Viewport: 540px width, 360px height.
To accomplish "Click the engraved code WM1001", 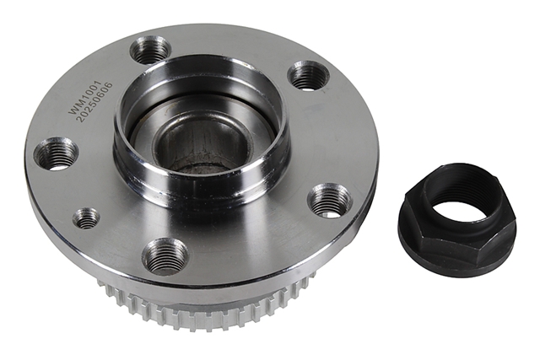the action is (x=84, y=98).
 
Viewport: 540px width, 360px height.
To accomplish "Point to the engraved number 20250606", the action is (x=94, y=102).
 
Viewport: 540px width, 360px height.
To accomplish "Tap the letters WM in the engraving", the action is (x=75, y=108).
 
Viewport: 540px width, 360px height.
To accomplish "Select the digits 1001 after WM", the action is (x=91, y=90).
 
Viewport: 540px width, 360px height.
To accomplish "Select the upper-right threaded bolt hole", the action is (x=307, y=75).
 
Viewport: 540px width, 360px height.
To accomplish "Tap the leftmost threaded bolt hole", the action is (x=57, y=154).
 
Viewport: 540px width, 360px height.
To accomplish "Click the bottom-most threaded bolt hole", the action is (x=165, y=256).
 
